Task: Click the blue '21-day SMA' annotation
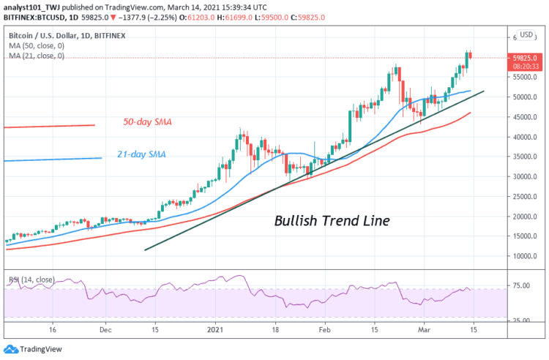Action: pos(141,154)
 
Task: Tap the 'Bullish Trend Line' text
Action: pos(330,220)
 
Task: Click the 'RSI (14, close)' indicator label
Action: pos(32,279)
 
